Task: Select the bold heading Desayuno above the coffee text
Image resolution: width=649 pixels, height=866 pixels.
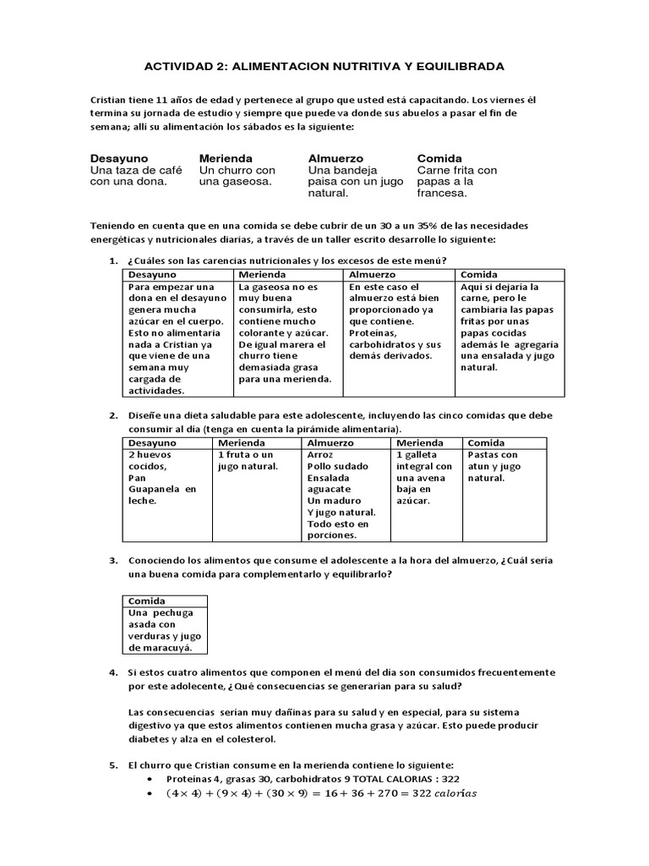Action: pyautogui.click(x=119, y=158)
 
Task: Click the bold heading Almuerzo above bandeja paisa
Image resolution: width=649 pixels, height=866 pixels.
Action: pyautogui.click(x=335, y=158)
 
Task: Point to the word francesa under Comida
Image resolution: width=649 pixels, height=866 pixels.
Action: pyautogui.click(x=443, y=193)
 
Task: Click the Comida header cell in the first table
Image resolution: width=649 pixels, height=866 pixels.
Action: pyautogui.click(x=478, y=275)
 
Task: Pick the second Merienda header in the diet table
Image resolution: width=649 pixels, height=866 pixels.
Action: pyautogui.click(x=419, y=443)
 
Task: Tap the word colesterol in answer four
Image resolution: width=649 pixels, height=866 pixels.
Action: pyautogui.click(x=256, y=740)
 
